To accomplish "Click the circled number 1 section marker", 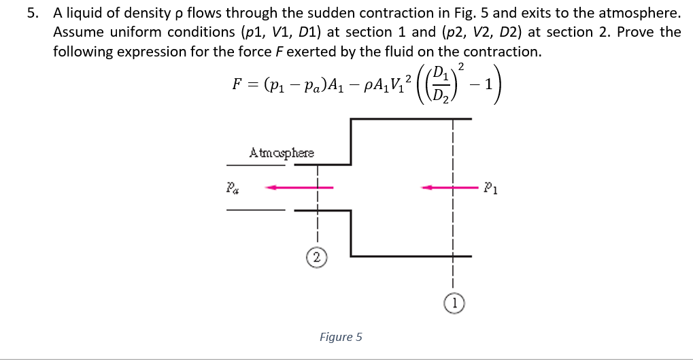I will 454,303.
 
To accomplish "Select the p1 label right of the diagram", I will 493,189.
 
